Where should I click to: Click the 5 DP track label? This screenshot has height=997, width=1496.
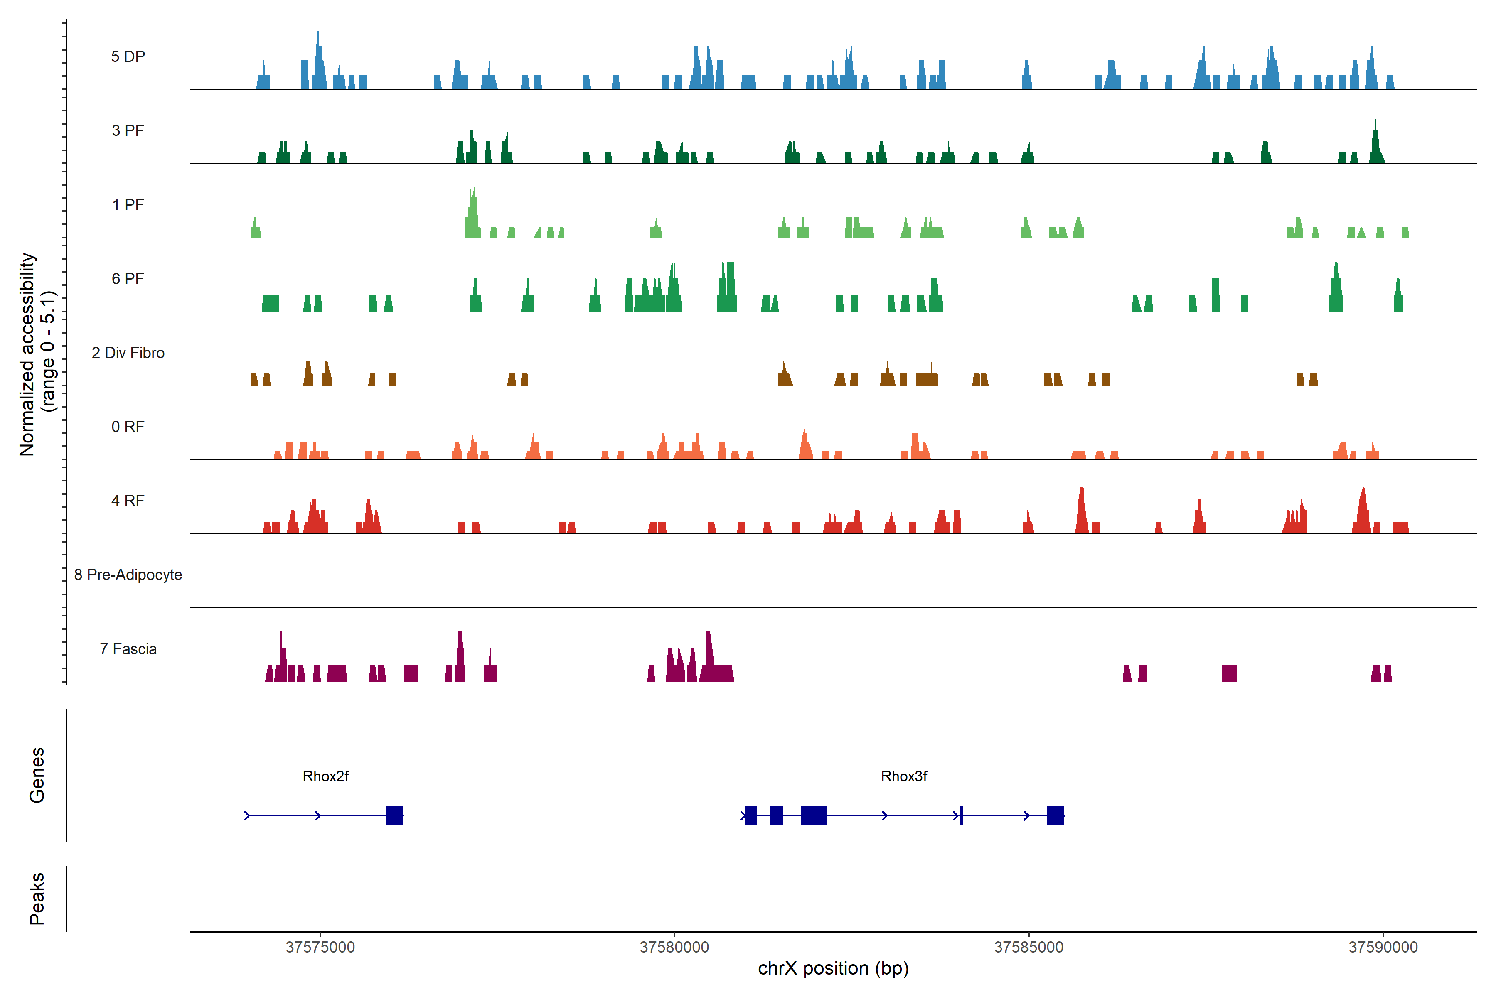click(x=128, y=56)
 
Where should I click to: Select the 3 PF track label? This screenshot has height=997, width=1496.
click(x=128, y=130)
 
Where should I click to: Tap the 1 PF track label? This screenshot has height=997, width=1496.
click(x=128, y=205)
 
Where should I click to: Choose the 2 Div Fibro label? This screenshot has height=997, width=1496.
click(x=128, y=353)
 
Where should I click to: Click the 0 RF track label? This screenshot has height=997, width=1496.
click(x=128, y=427)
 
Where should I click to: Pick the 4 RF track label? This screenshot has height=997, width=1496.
click(x=128, y=501)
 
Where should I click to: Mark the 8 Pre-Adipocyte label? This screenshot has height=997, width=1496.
click(x=128, y=575)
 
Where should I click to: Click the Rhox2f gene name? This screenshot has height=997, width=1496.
click(x=326, y=776)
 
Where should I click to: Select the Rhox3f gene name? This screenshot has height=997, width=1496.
click(x=904, y=776)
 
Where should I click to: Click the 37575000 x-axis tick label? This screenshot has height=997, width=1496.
click(x=320, y=948)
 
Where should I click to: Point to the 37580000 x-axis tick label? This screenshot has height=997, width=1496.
click(x=674, y=948)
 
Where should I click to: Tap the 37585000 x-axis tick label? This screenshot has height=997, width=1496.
click(x=1028, y=948)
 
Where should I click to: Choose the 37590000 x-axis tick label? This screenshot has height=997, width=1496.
click(x=1383, y=948)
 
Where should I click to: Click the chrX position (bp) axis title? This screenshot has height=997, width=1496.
click(x=833, y=968)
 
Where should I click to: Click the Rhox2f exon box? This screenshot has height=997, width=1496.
click(x=394, y=815)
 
